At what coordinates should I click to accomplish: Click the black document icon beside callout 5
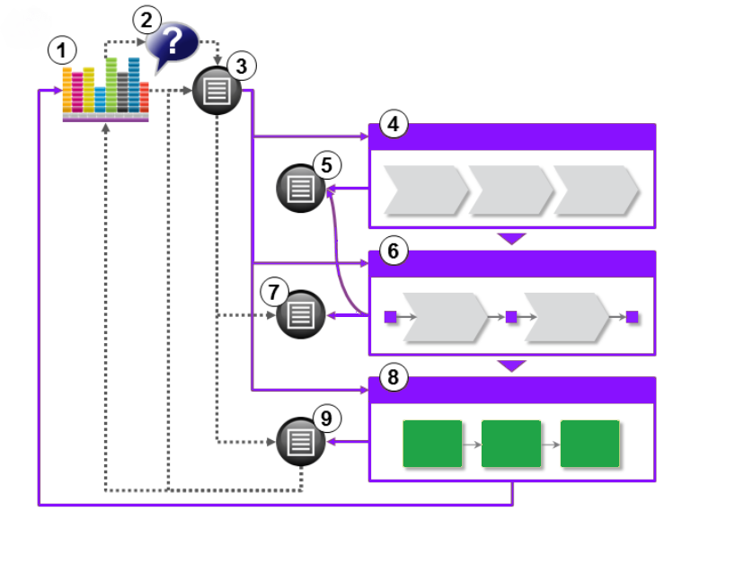[x=301, y=189]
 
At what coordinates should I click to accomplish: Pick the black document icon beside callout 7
[x=300, y=314]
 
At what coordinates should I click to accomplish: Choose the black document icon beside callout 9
[x=301, y=442]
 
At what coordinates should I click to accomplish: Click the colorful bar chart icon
[x=105, y=90]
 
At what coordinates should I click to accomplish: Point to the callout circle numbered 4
[x=392, y=124]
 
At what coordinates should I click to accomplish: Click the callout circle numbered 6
[x=392, y=251]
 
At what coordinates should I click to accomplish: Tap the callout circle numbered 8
[x=392, y=377]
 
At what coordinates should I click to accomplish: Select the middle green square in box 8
[x=510, y=444]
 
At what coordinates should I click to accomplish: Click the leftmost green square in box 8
[x=432, y=444]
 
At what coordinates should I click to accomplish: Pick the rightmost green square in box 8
[x=589, y=444]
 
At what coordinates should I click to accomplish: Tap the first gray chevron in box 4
[x=425, y=190]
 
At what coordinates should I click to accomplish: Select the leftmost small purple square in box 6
[x=390, y=317]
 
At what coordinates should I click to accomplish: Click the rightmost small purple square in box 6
[x=632, y=317]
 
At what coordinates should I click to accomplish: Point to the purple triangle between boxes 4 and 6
[x=511, y=239]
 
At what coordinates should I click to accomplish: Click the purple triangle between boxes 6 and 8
[x=511, y=366]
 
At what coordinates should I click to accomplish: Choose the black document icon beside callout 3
[x=217, y=91]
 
